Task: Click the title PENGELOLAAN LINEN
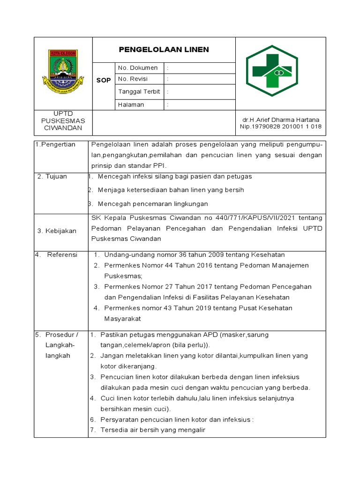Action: (164, 50)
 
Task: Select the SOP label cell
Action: (104, 80)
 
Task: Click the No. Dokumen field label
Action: (138, 68)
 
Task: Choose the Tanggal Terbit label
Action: (139, 91)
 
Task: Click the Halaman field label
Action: (131, 105)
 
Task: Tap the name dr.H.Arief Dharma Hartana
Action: (280, 120)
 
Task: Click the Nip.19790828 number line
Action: (280, 127)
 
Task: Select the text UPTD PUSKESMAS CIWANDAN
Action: (63, 121)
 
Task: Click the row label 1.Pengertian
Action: (55, 144)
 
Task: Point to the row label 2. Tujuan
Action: (52, 176)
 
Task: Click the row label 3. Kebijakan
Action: (56, 231)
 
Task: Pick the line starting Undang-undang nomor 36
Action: (194, 255)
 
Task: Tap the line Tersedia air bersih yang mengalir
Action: (153, 430)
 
